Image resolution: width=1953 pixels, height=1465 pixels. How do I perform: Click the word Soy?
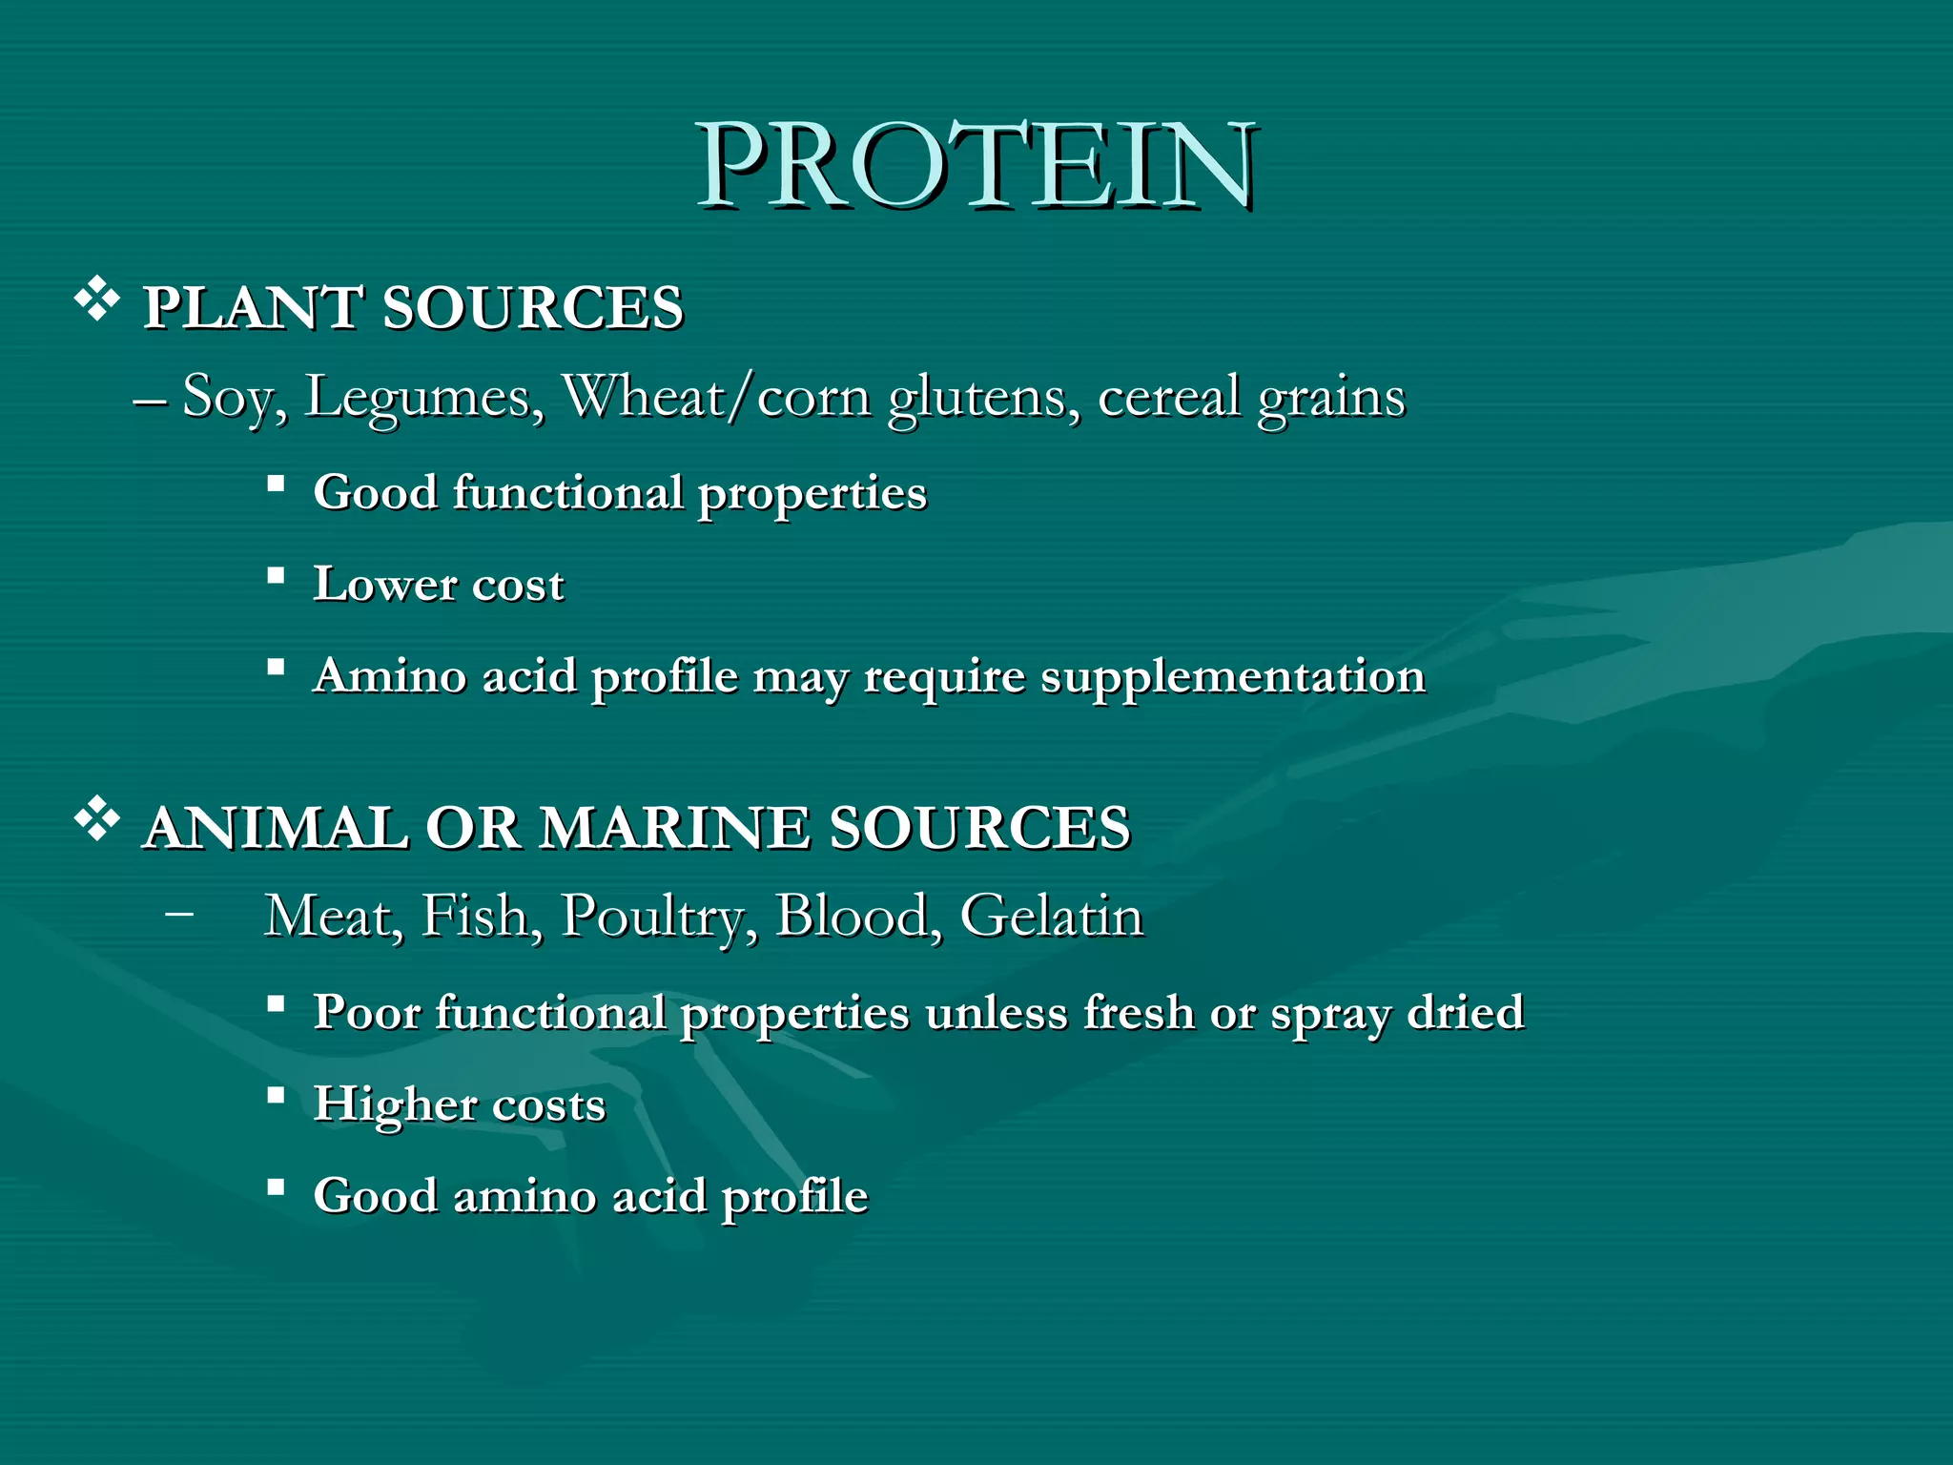tap(233, 397)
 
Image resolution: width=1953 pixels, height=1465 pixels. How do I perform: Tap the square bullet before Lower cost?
tap(276, 576)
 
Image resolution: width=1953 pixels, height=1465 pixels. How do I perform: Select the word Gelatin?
tap(1051, 917)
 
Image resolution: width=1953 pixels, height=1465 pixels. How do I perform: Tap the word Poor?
tap(366, 1012)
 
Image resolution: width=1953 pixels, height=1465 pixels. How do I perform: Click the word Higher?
tap(395, 1104)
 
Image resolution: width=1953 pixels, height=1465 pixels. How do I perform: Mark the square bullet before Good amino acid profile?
tap(276, 1187)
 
